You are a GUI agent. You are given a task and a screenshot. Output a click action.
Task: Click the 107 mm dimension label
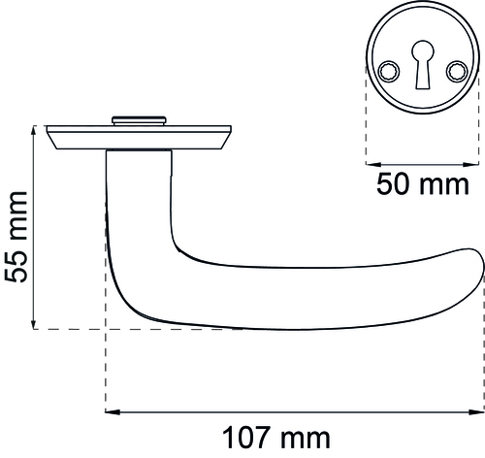coord(276,438)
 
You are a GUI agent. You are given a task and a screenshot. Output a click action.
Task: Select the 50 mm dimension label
coord(423,184)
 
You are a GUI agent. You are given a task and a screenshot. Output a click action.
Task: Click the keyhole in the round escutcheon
coord(423,64)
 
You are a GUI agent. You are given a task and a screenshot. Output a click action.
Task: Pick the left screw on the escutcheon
coord(389,72)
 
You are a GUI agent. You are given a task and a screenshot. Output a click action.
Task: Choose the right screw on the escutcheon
coord(457,72)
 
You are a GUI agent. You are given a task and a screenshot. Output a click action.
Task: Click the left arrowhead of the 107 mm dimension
coord(113,411)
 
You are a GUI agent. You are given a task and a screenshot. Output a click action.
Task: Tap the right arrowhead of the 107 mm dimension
coord(476,411)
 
